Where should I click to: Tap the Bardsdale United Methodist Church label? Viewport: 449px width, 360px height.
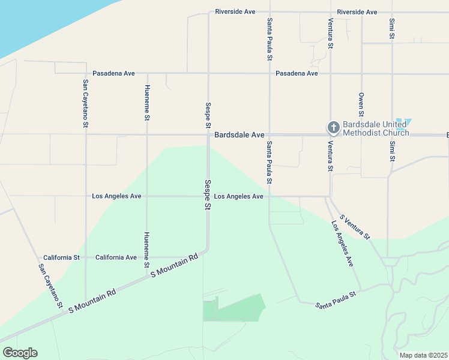click(376, 128)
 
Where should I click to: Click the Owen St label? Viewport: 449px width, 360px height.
click(361, 104)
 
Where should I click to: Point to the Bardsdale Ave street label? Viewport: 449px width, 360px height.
click(240, 136)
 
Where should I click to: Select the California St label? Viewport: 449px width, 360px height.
click(61, 257)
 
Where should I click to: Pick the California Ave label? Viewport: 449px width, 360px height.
click(116, 257)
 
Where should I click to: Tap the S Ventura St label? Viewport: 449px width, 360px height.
click(355, 226)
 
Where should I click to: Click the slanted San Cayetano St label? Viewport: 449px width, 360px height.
click(51, 286)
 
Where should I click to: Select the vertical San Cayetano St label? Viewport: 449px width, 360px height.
click(86, 104)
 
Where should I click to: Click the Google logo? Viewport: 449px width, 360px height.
click(20, 353)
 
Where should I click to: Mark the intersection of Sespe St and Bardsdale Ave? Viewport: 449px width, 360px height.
click(208, 134)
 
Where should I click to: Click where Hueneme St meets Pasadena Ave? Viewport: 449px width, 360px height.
click(147, 73)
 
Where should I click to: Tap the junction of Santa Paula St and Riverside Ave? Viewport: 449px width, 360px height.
click(270, 12)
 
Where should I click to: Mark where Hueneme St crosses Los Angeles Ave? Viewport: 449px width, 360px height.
click(147, 196)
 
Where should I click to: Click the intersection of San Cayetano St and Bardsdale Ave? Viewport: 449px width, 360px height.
click(86, 134)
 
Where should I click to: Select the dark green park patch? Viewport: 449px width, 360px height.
click(234, 308)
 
